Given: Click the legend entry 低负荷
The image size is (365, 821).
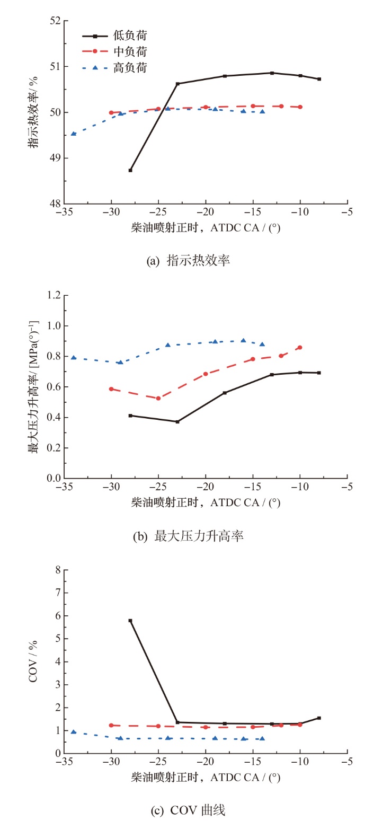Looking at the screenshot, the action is click(x=114, y=36).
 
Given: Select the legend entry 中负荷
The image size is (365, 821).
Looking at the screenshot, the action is click(x=114, y=51).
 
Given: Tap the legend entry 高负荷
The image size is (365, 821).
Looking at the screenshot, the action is click(x=114, y=67).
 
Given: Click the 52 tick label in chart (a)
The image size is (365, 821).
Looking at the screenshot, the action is click(x=55, y=21).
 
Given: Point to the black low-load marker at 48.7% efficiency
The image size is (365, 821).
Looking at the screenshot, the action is click(x=130, y=170).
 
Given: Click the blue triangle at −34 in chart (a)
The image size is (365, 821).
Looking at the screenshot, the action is click(x=74, y=134).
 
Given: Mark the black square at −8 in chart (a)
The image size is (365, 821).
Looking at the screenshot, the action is click(x=319, y=79).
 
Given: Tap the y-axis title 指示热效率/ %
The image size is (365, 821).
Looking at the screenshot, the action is click(x=33, y=112).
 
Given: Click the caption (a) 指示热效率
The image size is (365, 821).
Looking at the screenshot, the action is click(x=188, y=260).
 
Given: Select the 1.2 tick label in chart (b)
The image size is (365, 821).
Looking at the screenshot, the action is click(x=54, y=295).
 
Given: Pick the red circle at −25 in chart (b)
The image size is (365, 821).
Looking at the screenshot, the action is click(x=158, y=399).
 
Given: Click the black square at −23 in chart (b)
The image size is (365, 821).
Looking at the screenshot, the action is click(x=177, y=422).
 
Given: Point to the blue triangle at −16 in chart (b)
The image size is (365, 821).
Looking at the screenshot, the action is click(x=243, y=340).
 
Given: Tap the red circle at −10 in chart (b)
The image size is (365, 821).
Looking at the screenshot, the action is click(x=300, y=348).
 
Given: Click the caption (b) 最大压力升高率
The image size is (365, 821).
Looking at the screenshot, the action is click(x=188, y=536).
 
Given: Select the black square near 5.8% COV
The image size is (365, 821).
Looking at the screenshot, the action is click(x=130, y=621).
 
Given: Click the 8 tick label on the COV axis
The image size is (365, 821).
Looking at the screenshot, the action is click(x=58, y=570).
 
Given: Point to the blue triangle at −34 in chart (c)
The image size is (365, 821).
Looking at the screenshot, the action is click(x=74, y=731).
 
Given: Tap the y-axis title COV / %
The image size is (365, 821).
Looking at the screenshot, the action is click(x=33, y=661).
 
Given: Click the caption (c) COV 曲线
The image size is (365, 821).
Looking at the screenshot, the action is click(x=188, y=810).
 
